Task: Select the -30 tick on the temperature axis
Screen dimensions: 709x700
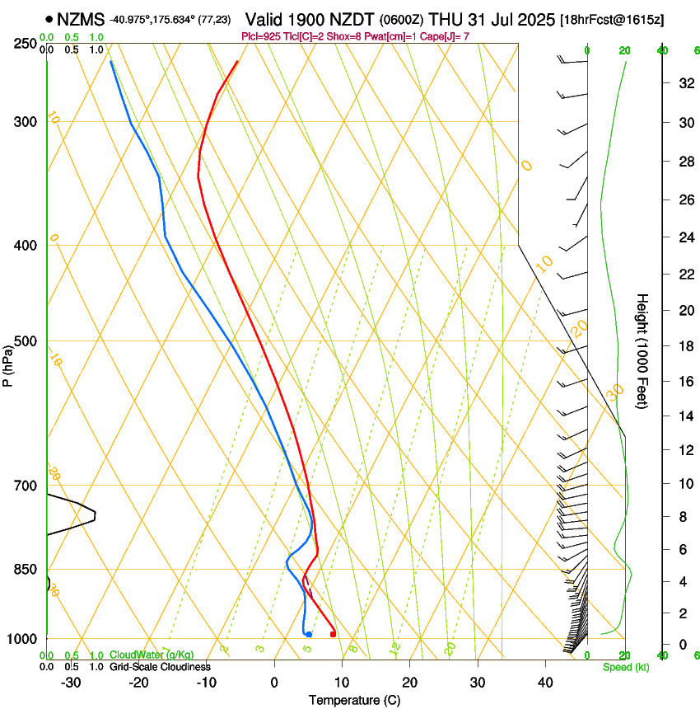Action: [71, 682]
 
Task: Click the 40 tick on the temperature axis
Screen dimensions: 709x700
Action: [545, 682]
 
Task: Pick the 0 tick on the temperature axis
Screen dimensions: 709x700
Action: [275, 682]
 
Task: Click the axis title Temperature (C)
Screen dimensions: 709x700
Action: [354, 700]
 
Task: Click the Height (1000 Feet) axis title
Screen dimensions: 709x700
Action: [642, 350]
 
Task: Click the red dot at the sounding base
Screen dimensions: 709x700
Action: [333, 633]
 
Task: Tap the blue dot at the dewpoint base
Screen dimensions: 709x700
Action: [308, 634]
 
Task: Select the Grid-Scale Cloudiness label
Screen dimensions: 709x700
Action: [159, 666]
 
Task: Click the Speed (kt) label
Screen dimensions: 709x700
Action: [625, 666]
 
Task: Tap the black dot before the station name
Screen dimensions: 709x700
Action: [50, 19]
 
